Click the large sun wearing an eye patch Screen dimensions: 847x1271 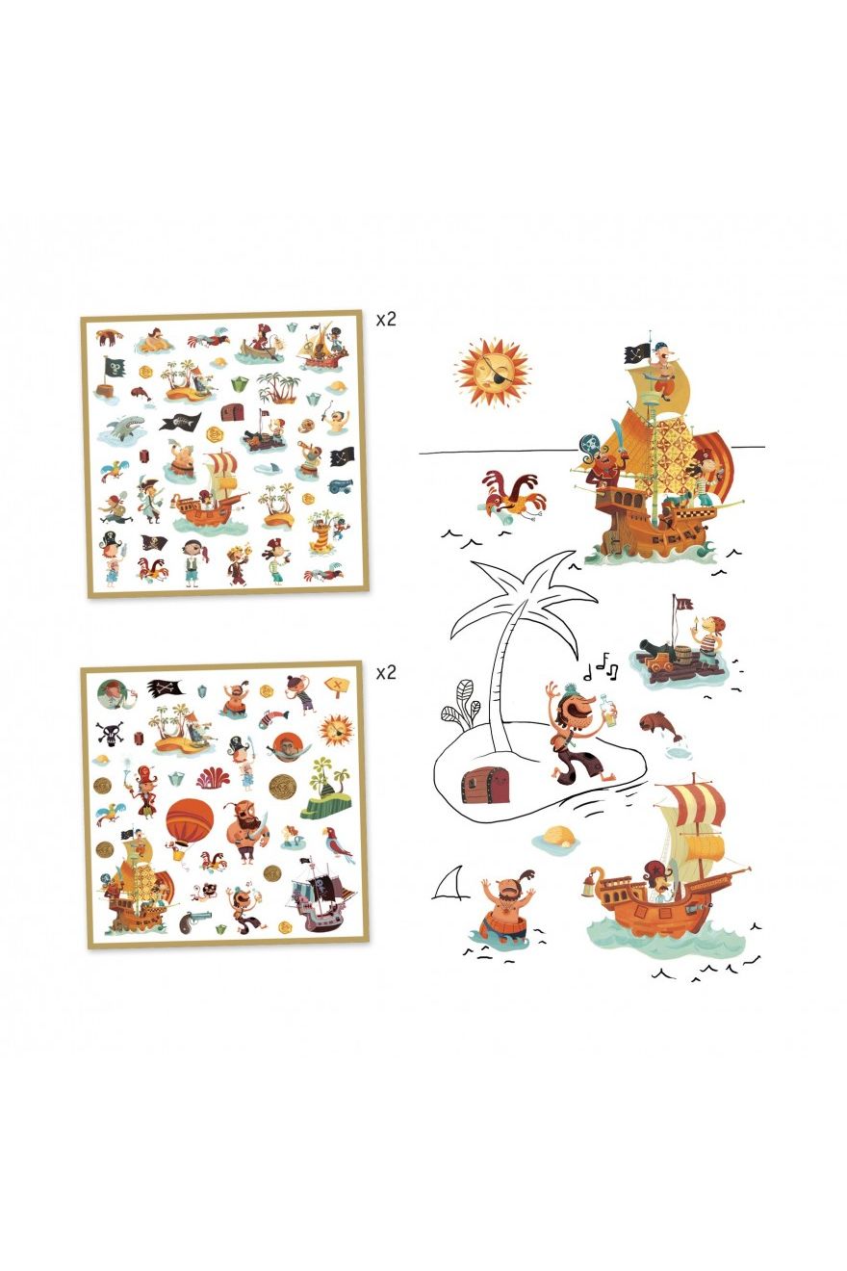point(493,370)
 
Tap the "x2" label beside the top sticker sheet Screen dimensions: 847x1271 point(386,320)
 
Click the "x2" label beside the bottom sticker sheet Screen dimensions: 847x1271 point(386,672)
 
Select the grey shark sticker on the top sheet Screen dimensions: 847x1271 point(122,428)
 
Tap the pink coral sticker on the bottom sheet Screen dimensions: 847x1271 point(214,778)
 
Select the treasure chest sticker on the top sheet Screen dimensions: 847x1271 point(230,413)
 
